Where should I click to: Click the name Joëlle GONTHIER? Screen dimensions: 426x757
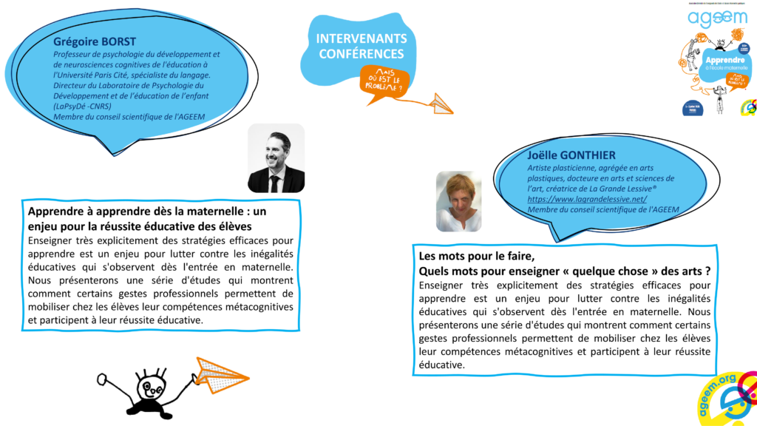click(x=572, y=155)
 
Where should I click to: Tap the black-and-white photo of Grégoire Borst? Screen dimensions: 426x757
click(x=276, y=158)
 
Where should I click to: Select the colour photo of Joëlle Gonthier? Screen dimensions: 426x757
click(x=458, y=201)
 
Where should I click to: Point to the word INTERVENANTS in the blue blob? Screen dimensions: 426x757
click(x=361, y=38)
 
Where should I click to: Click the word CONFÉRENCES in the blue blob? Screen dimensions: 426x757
click(x=361, y=54)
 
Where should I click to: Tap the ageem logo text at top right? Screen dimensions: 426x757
click(x=716, y=18)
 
